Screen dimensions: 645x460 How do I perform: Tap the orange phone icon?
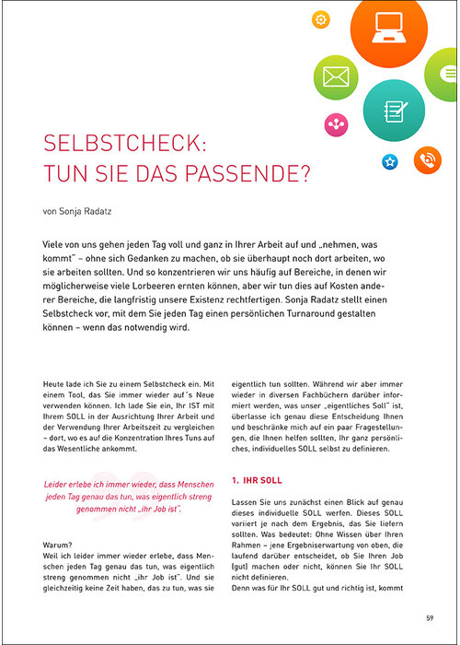coord(427,158)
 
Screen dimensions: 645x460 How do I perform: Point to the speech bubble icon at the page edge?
coord(452,81)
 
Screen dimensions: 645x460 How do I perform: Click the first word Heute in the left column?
coord(56,381)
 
